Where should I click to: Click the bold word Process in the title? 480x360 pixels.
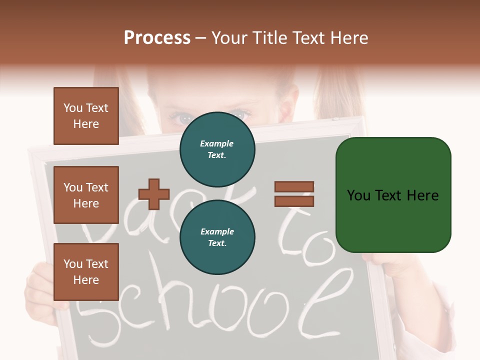coord(157,38)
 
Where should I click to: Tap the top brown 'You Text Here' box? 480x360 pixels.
coord(86,116)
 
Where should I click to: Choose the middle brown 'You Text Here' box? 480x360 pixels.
coord(86,195)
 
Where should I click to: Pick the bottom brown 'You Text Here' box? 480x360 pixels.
coord(86,271)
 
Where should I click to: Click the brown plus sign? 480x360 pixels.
coord(154,194)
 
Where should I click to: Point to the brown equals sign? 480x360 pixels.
coord(294,194)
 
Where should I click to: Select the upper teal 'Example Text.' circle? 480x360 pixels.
coord(217,149)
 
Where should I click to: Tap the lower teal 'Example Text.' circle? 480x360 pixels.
coord(217,237)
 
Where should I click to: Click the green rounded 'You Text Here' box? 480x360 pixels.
coord(393,195)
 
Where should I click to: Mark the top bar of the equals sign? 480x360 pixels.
coord(294,186)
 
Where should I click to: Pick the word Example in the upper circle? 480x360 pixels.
coord(217,143)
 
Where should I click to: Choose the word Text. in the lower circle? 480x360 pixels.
coord(217,243)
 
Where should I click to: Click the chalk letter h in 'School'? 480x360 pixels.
coord(185,305)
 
